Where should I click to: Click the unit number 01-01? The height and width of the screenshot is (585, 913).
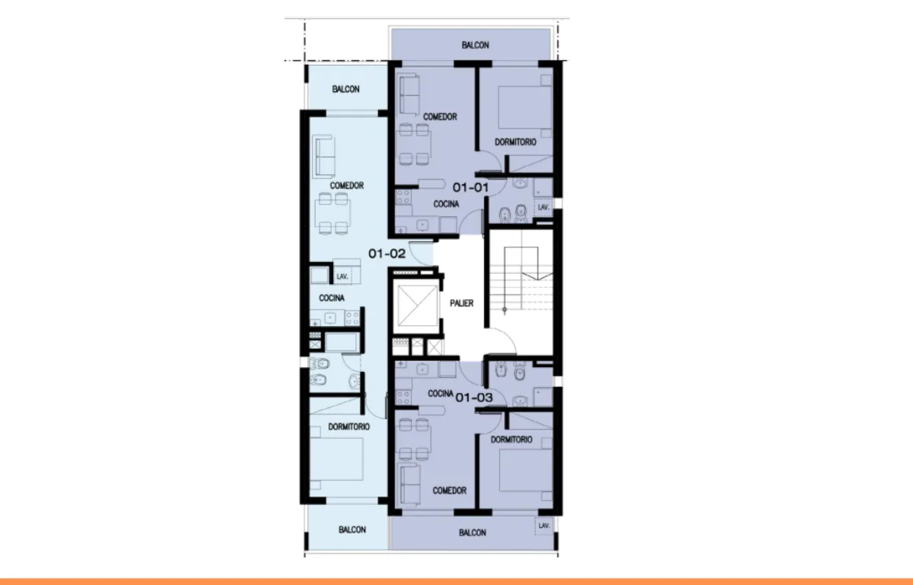pyautogui.click(x=470, y=188)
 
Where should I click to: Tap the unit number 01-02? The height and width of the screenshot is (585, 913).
pyautogui.click(x=387, y=254)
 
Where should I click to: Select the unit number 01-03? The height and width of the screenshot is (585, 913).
pyautogui.click(x=474, y=397)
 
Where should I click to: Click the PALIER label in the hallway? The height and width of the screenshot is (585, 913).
pyautogui.click(x=462, y=303)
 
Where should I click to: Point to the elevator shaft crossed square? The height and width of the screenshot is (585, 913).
pyautogui.click(x=417, y=306)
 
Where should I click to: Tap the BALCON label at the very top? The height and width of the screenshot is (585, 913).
pyautogui.click(x=476, y=45)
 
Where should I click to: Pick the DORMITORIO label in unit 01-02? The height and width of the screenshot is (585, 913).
pyautogui.click(x=349, y=427)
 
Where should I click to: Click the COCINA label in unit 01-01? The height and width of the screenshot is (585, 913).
pyautogui.click(x=446, y=204)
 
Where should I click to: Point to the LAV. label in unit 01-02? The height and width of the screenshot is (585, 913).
pyautogui.click(x=342, y=277)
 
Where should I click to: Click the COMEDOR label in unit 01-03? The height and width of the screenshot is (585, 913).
pyautogui.click(x=449, y=491)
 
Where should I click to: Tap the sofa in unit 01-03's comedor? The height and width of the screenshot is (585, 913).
pyautogui.click(x=409, y=486)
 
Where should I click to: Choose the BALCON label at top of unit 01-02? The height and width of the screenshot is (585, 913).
pyautogui.click(x=346, y=89)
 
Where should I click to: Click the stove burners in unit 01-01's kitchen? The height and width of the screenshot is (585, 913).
pyautogui.click(x=403, y=197)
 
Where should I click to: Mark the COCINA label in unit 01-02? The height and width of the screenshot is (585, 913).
pyautogui.click(x=331, y=298)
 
